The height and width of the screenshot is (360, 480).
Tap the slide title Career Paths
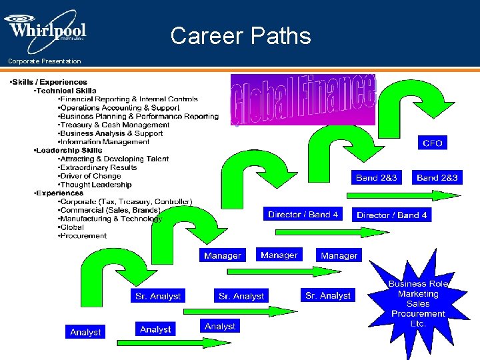[x=241, y=35]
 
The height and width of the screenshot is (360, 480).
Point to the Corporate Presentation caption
[x=45, y=61]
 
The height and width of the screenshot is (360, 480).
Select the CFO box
[x=432, y=143]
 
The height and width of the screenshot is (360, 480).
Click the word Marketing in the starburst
[x=418, y=294]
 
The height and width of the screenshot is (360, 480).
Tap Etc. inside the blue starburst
[x=418, y=324]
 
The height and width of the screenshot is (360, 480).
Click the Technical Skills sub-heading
[x=66, y=91]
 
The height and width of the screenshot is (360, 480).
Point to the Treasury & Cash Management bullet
[x=115, y=125]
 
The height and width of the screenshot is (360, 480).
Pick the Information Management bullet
[x=105, y=142]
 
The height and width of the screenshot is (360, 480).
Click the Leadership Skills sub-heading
[x=69, y=151]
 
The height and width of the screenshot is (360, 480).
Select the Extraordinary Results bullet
[x=99, y=168]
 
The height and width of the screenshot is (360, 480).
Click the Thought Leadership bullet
[x=97, y=185]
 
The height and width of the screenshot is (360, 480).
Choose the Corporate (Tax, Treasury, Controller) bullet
[x=127, y=202]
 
